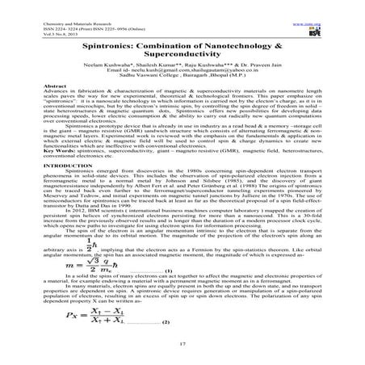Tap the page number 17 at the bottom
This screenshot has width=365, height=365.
[182, 346]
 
